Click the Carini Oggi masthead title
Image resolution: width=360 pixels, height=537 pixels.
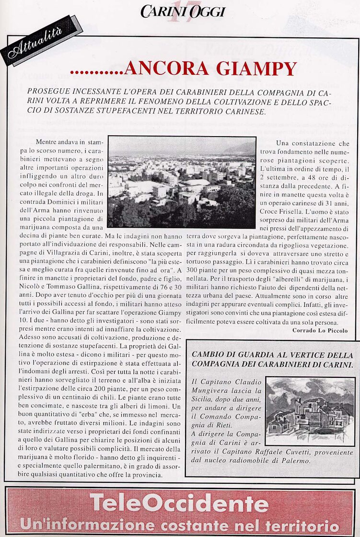[183, 12]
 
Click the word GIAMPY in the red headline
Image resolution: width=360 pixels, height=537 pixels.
[256, 69]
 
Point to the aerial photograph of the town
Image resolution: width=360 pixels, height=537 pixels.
[181, 182]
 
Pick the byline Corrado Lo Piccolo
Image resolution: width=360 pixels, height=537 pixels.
[320, 330]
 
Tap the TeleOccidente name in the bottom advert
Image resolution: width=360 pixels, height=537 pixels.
[179, 503]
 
